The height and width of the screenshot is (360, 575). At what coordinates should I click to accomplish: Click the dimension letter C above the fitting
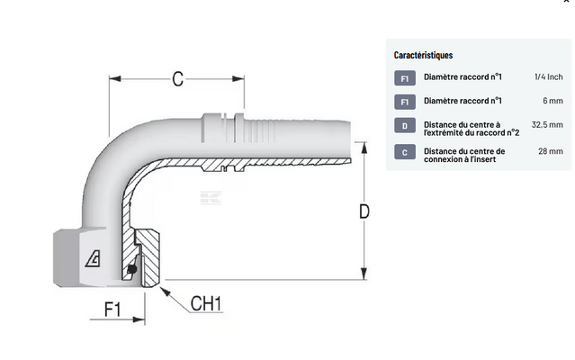[x=177, y=79]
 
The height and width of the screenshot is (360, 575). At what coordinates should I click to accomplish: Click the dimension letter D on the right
[x=364, y=211]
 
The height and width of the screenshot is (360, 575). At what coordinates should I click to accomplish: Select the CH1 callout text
[x=208, y=303]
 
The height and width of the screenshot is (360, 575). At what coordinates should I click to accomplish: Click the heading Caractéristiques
[x=423, y=55]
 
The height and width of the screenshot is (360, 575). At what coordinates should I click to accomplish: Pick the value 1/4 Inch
[x=548, y=78]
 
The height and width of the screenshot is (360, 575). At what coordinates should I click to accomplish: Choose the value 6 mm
[x=552, y=102]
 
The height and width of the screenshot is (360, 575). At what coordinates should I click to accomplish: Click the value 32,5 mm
[x=547, y=125]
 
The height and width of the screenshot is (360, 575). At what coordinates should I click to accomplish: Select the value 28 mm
[x=551, y=151]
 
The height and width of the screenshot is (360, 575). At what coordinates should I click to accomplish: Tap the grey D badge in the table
[x=405, y=126]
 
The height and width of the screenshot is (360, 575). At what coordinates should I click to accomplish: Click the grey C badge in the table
[x=405, y=152]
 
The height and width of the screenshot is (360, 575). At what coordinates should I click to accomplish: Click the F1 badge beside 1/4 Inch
[x=405, y=79]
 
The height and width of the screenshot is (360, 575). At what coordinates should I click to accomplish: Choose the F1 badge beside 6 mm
[x=405, y=103]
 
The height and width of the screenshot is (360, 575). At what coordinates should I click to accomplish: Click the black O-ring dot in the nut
[x=132, y=267]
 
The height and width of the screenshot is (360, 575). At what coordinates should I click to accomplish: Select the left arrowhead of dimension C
[x=114, y=79]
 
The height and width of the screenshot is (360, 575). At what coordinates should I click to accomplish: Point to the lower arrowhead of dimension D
[x=364, y=276]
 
